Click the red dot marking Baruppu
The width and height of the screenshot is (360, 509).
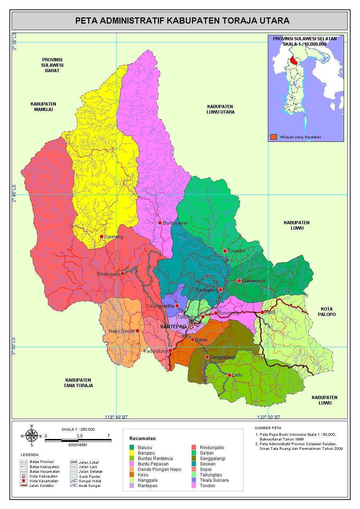pyautogui.click(x=102, y=237)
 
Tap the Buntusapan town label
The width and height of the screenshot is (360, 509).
pyautogui.click(x=175, y=223)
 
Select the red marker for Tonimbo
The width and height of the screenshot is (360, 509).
pyautogui.click(x=225, y=251)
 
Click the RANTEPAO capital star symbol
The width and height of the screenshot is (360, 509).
pyautogui.click(x=191, y=327)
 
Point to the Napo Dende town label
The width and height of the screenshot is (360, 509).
pyautogui.click(x=122, y=331)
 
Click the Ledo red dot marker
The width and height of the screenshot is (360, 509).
pyautogui.click(x=230, y=375)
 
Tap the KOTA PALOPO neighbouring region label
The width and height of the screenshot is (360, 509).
pyautogui.click(x=327, y=312)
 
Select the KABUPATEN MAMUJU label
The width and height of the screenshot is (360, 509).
pyautogui.click(x=44, y=107)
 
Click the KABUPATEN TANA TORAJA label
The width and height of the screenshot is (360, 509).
pyautogui.click(x=78, y=383)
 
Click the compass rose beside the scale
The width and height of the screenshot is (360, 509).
pyautogui.click(x=32, y=435)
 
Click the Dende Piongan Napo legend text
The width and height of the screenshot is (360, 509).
pyautogui.click(x=159, y=469)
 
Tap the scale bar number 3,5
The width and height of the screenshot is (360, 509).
pyautogui.click(x=79, y=436)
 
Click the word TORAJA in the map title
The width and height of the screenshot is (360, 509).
pyautogui.click(x=240, y=21)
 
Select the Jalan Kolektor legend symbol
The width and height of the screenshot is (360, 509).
pyautogui.click(x=24, y=485)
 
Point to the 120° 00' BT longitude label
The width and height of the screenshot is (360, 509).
pyautogui.click(x=269, y=417)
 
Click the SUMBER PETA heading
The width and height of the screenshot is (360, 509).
pyautogui.click(x=268, y=428)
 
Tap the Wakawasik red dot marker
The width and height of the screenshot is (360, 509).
pyautogui.click(x=239, y=281)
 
